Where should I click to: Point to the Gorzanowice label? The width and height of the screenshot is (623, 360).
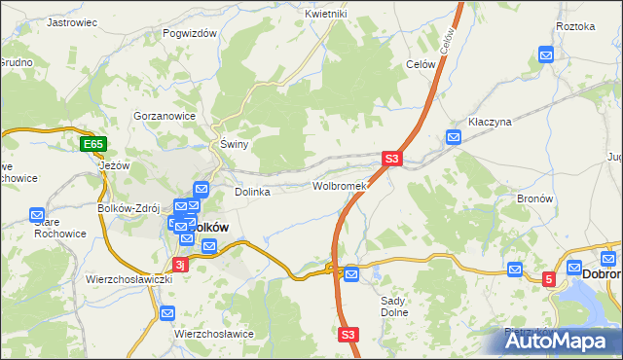coord(165,115)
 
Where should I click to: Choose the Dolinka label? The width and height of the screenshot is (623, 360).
coord(251,192)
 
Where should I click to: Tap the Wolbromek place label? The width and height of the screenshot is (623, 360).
coord(339,185)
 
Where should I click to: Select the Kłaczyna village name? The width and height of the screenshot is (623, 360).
coord(490,122)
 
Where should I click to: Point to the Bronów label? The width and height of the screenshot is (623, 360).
coord(535,198)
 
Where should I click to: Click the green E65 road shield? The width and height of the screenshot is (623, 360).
coord(92,145)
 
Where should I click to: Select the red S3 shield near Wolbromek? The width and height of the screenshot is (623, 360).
coord(390,158)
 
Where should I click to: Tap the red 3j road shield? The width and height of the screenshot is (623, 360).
coord(179,264)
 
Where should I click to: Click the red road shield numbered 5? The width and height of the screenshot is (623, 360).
coord(549,279)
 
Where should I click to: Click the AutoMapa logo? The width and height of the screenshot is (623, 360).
coord(564,341)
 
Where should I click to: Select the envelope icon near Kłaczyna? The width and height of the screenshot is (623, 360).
coord(453,138)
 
